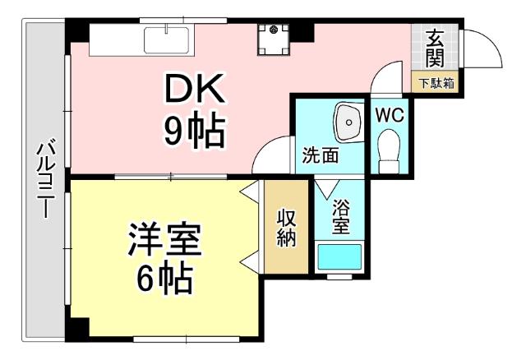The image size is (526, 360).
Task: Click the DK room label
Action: pos(192,90)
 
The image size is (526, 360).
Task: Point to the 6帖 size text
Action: pos(164,279)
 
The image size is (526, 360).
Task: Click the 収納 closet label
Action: pos(286,228)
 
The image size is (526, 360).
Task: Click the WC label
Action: pos(390,115)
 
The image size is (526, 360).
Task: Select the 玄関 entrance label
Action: pos(435,48)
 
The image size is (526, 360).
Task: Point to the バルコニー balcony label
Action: pos(45,181)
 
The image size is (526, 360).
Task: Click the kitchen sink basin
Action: pos(167,39)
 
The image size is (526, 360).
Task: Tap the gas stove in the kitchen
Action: pos(272,39)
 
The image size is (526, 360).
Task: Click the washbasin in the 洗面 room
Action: pos(348,124)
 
